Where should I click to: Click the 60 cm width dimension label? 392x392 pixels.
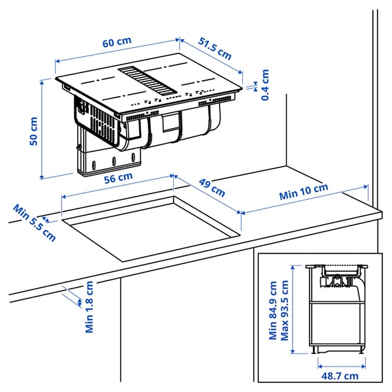117,41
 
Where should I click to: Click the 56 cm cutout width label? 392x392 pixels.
118,176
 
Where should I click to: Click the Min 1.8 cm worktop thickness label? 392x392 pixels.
90,307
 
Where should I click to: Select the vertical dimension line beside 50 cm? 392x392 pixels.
43,129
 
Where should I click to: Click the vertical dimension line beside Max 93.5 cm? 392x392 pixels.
294,309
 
